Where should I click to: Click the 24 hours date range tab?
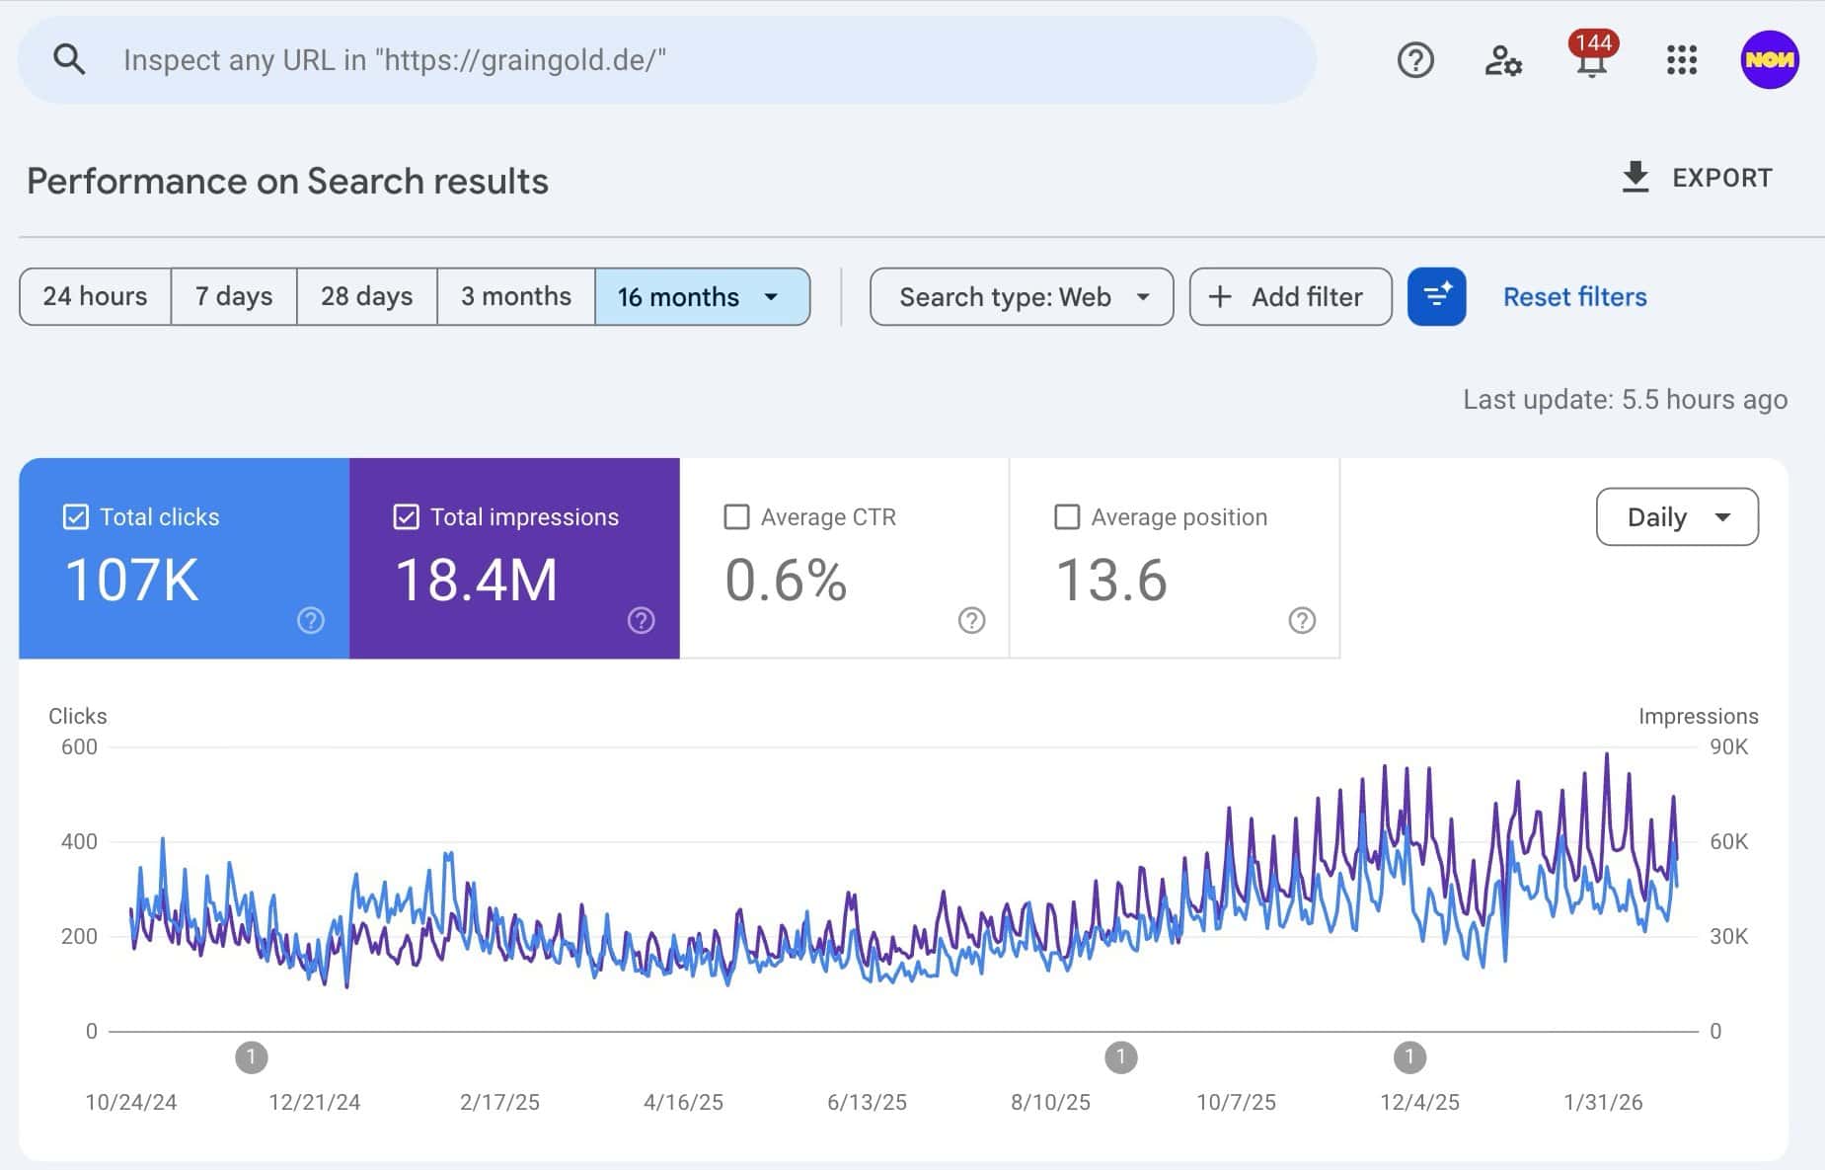coord(95,296)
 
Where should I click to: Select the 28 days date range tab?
coord(366,296)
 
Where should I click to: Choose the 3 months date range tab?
coord(515,296)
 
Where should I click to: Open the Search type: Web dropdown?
coord(1022,296)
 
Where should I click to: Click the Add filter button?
coord(1290,296)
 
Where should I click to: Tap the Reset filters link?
coord(1574,296)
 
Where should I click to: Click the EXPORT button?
coord(1697,178)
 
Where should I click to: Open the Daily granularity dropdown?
coord(1676,516)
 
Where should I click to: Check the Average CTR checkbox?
coord(736,516)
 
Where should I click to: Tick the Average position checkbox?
coord(1067,516)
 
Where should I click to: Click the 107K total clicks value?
coord(131,580)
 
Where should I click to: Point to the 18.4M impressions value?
coord(476,580)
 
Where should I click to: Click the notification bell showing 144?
coord(1591,59)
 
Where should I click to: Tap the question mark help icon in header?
coord(1414,60)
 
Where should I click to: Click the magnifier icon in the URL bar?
coord(69,59)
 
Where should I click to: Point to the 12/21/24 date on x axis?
coord(314,1102)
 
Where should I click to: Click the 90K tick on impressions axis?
coord(1728,747)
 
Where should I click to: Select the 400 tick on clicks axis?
coord(79,842)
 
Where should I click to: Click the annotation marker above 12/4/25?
coord(1409,1057)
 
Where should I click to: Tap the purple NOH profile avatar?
coord(1769,59)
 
